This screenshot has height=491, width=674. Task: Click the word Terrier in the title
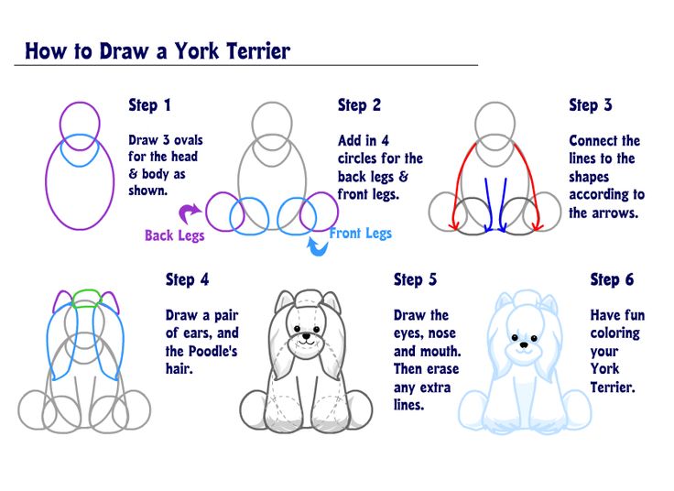point(258,50)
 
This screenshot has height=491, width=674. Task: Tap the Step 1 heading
point(149,105)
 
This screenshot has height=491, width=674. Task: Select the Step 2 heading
point(359,105)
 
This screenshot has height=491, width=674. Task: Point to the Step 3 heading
point(590,105)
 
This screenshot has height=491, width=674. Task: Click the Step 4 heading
point(187,280)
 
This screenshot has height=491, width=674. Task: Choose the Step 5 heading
point(415,280)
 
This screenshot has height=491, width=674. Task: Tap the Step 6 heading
point(612,280)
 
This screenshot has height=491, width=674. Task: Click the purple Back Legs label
point(175,235)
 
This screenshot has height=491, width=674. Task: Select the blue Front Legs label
point(360,233)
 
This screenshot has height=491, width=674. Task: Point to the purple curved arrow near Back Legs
point(188,213)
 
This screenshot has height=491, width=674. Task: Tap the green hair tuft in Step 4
point(87,299)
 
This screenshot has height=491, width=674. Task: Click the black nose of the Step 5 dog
point(306,336)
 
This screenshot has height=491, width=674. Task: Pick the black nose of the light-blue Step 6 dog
point(524,344)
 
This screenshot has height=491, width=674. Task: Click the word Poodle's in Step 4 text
point(212,351)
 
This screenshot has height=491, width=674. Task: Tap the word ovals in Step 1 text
point(189,140)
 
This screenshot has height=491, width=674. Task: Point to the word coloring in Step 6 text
point(615,333)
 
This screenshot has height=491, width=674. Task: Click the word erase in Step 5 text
point(442,369)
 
